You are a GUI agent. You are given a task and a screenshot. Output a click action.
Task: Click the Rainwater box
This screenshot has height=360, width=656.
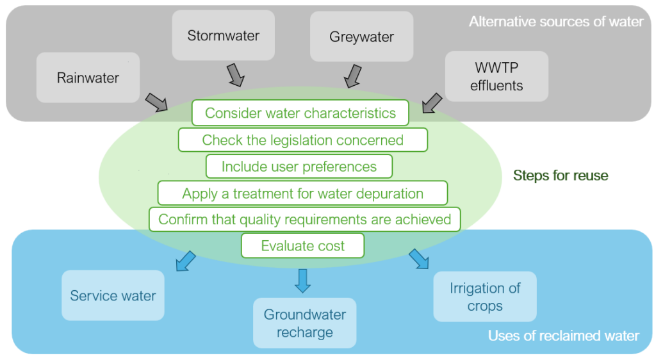click(x=88, y=78)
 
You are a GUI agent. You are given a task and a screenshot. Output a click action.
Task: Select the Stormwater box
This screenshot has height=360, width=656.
click(x=223, y=35)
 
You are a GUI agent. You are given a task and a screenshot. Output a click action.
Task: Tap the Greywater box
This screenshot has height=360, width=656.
click(x=361, y=37)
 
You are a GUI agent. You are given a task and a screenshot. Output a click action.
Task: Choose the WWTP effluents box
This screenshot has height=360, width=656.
click(x=496, y=77)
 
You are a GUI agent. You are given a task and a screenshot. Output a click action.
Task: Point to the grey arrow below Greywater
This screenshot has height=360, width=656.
click(x=352, y=76)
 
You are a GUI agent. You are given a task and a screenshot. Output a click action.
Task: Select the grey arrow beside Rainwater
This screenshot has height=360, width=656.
click(x=156, y=101)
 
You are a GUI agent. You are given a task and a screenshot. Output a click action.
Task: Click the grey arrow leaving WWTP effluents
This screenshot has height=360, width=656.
click(x=432, y=102)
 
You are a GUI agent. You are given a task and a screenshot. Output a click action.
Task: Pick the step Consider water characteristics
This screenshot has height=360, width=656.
click(x=300, y=113)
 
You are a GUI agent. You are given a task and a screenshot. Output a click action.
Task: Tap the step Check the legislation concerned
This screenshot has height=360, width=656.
click(x=302, y=140)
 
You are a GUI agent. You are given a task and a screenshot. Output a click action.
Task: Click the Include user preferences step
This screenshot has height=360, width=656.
click(x=299, y=167)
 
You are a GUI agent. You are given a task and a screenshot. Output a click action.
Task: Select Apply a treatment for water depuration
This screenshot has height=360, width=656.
click(x=302, y=193)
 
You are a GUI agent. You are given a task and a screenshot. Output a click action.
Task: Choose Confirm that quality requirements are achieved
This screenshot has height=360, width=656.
click(x=304, y=220)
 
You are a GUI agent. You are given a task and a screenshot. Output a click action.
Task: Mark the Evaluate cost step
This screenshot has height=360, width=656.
click(x=302, y=246)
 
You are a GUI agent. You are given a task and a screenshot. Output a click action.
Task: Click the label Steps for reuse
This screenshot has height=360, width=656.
click(x=561, y=175)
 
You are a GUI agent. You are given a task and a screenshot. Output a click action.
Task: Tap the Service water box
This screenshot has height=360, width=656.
click(x=113, y=296)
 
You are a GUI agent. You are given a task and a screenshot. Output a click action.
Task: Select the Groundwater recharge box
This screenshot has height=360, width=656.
click(x=304, y=323)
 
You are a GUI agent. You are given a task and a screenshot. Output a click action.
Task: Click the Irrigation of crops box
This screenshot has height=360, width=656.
click(x=484, y=297)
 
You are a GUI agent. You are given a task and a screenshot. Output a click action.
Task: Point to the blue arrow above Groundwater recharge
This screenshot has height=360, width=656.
click(x=302, y=280)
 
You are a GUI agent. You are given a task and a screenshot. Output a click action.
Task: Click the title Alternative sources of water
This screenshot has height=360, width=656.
click(x=555, y=22)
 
